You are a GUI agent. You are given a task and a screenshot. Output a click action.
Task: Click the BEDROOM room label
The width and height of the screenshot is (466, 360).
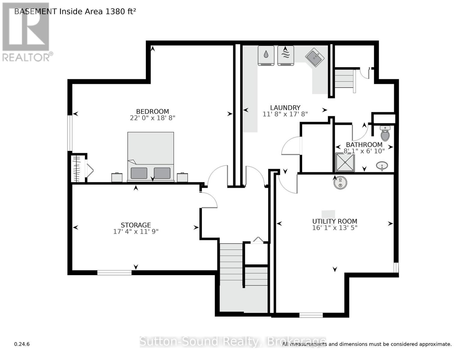point(152,111)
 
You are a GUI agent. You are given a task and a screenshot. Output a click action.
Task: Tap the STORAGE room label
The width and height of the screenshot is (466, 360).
point(136,225)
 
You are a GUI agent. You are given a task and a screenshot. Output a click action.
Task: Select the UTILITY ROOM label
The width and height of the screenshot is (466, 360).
point(335,221)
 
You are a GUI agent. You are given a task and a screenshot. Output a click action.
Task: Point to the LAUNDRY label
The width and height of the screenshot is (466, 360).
point(285,108)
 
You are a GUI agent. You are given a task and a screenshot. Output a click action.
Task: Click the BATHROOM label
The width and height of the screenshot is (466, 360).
point(364,145)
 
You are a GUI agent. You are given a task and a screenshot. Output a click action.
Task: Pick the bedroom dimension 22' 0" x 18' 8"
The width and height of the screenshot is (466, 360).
point(152,118)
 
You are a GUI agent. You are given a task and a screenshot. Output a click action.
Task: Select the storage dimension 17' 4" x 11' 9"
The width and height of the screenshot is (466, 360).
point(136,232)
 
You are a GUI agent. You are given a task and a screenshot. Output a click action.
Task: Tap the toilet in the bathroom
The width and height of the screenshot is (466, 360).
point(385,133)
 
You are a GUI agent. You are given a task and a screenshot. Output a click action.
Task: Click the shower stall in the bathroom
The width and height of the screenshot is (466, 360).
point(345,162)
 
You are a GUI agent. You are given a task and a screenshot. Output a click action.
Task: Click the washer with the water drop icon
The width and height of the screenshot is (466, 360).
point(266,55)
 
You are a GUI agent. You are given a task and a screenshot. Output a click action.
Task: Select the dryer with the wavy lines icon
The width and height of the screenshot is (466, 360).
point(285,55)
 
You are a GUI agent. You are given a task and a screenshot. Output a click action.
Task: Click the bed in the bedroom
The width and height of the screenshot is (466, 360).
point(151,157)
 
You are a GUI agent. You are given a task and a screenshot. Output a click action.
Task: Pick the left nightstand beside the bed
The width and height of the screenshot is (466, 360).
point(117,177)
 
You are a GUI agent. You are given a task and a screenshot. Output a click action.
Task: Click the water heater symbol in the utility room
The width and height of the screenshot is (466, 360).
point(340,182)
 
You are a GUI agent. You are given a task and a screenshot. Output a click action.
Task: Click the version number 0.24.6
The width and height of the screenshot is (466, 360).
point(22,344)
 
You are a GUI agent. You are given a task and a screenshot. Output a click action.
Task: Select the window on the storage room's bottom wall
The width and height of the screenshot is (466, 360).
point(114,272)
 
